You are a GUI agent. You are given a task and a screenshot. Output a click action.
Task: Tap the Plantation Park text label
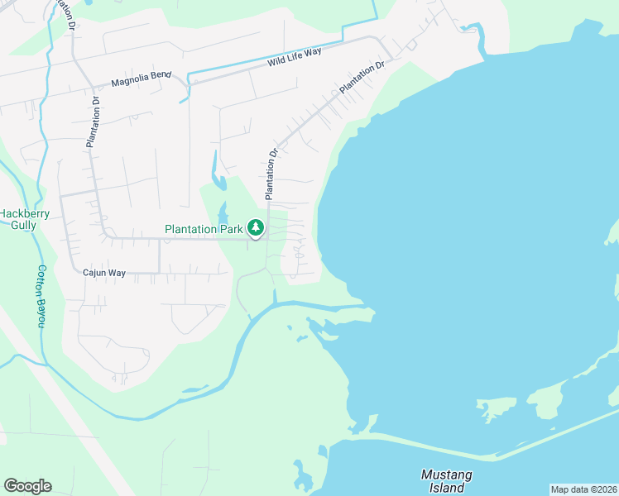tap(204, 229)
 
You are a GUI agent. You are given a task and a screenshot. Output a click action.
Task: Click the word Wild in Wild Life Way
tap(277, 61)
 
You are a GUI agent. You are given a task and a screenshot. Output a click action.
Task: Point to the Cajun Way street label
tap(103, 271)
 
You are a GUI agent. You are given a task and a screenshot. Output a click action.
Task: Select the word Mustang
tap(447, 475)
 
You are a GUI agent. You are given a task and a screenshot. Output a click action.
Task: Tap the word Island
tap(447, 488)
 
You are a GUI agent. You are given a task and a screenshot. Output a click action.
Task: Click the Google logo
tap(27, 486)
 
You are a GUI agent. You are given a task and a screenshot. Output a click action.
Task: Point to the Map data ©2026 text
tap(583, 489)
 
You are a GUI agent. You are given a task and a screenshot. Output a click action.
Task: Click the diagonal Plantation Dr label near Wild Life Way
tap(362, 77)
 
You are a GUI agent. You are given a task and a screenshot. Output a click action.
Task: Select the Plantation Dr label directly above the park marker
tap(270, 174)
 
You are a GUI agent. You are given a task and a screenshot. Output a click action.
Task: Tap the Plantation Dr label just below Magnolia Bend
tap(94, 122)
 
